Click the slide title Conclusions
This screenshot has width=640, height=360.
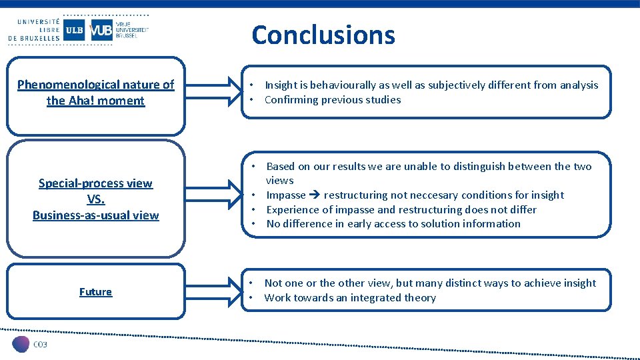point(323,35)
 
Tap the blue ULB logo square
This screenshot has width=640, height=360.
point(74,30)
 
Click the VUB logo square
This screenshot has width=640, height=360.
point(101,30)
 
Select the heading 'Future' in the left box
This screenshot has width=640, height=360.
point(95,291)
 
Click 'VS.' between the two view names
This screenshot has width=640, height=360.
point(95,199)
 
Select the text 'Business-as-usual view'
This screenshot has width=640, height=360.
point(95,215)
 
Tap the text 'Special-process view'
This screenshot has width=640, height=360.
point(95,183)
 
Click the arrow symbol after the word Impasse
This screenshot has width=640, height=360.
point(315,195)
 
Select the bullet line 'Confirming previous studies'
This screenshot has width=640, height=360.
point(333,99)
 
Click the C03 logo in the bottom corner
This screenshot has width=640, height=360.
point(31,344)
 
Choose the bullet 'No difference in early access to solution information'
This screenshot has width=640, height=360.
point(393,223)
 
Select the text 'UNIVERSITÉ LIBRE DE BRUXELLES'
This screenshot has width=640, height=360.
point(33,30)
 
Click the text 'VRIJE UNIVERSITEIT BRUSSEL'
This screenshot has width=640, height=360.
point(131,30)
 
